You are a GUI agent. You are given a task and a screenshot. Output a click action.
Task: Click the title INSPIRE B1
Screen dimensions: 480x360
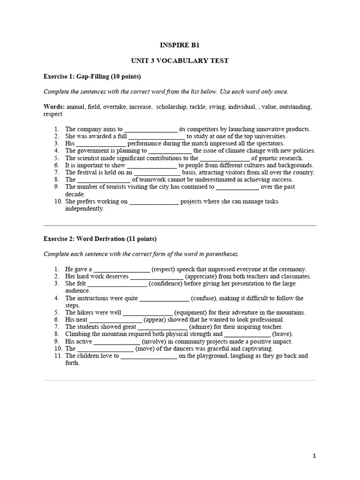[180, 45]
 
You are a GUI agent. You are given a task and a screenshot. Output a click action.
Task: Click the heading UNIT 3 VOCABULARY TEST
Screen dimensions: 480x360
[180, 61]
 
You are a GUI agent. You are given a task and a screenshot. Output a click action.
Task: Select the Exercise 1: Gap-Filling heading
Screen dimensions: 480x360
[92, 76]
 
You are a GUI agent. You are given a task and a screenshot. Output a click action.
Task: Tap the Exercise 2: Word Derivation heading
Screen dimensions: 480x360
[100, 239]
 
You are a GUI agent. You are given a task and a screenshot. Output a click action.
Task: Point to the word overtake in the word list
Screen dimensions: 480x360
[116, 107]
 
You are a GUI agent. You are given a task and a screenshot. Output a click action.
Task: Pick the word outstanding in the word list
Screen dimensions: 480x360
[296, 107]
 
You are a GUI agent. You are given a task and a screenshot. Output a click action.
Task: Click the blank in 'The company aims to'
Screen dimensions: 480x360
[151, 129]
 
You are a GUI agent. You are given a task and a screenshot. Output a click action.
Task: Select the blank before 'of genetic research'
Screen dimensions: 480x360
[225, 158]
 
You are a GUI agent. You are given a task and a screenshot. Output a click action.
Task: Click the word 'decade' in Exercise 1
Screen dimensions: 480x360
[75, 194]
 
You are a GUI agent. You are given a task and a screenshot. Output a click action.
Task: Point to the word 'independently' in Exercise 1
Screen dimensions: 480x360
[84, 209]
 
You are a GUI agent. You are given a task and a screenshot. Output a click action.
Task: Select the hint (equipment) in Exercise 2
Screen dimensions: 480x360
[194, 312]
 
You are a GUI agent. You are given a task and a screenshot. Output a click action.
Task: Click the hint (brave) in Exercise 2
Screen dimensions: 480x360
[283, 334]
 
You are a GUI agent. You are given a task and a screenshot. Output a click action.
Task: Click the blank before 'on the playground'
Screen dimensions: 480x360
[149, 356]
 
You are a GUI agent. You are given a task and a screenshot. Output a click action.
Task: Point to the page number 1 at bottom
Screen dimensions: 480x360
[315, 455]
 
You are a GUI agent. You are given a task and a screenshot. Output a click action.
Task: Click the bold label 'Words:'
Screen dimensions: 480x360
[54, 107]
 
